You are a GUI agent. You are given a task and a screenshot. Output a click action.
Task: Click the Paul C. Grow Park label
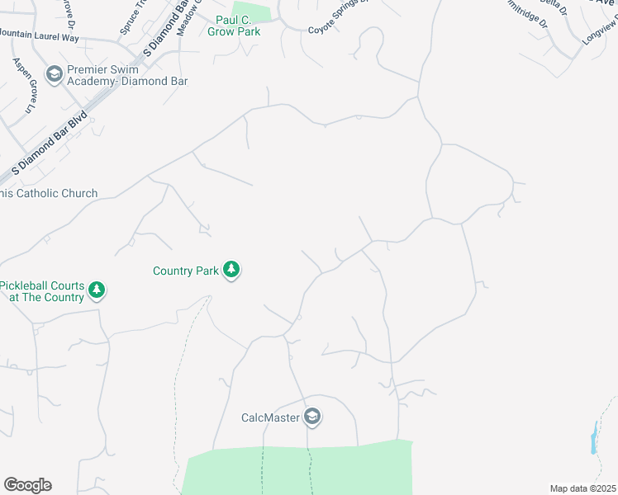(226, 26)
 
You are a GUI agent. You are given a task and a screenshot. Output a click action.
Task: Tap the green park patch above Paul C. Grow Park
(252, 12)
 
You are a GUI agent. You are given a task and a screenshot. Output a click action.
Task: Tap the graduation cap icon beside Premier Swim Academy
(55, 75)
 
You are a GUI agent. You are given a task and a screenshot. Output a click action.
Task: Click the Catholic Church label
(49, 194)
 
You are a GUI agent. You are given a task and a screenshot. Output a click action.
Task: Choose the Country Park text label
(187, 271)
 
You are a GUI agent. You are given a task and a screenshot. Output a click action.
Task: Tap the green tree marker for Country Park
(232, 270)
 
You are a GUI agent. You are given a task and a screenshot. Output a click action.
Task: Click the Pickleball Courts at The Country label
(42, 291)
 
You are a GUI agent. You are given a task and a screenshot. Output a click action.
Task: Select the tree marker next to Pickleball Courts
(97, 290)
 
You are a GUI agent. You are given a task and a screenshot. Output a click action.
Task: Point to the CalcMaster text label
(269, 417)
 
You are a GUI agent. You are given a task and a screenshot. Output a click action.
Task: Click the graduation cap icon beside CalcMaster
(311, 417)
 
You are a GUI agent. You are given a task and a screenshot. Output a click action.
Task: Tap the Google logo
(27, 485)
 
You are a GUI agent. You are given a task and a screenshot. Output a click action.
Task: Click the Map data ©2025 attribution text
(582, 488)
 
